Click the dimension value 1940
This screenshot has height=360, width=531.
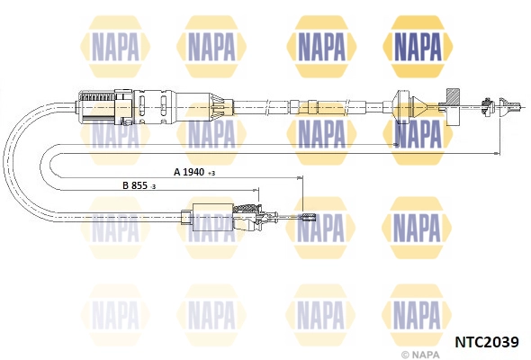193,172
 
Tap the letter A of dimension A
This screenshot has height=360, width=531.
177,172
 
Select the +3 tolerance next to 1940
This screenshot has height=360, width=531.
211,174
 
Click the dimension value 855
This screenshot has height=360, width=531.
139,185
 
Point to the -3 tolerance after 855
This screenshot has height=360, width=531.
153,187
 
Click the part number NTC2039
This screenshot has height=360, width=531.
487,342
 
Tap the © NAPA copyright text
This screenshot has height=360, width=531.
420,355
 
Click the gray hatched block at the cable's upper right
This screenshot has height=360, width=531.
453,97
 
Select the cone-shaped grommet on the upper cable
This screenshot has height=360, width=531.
418,107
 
